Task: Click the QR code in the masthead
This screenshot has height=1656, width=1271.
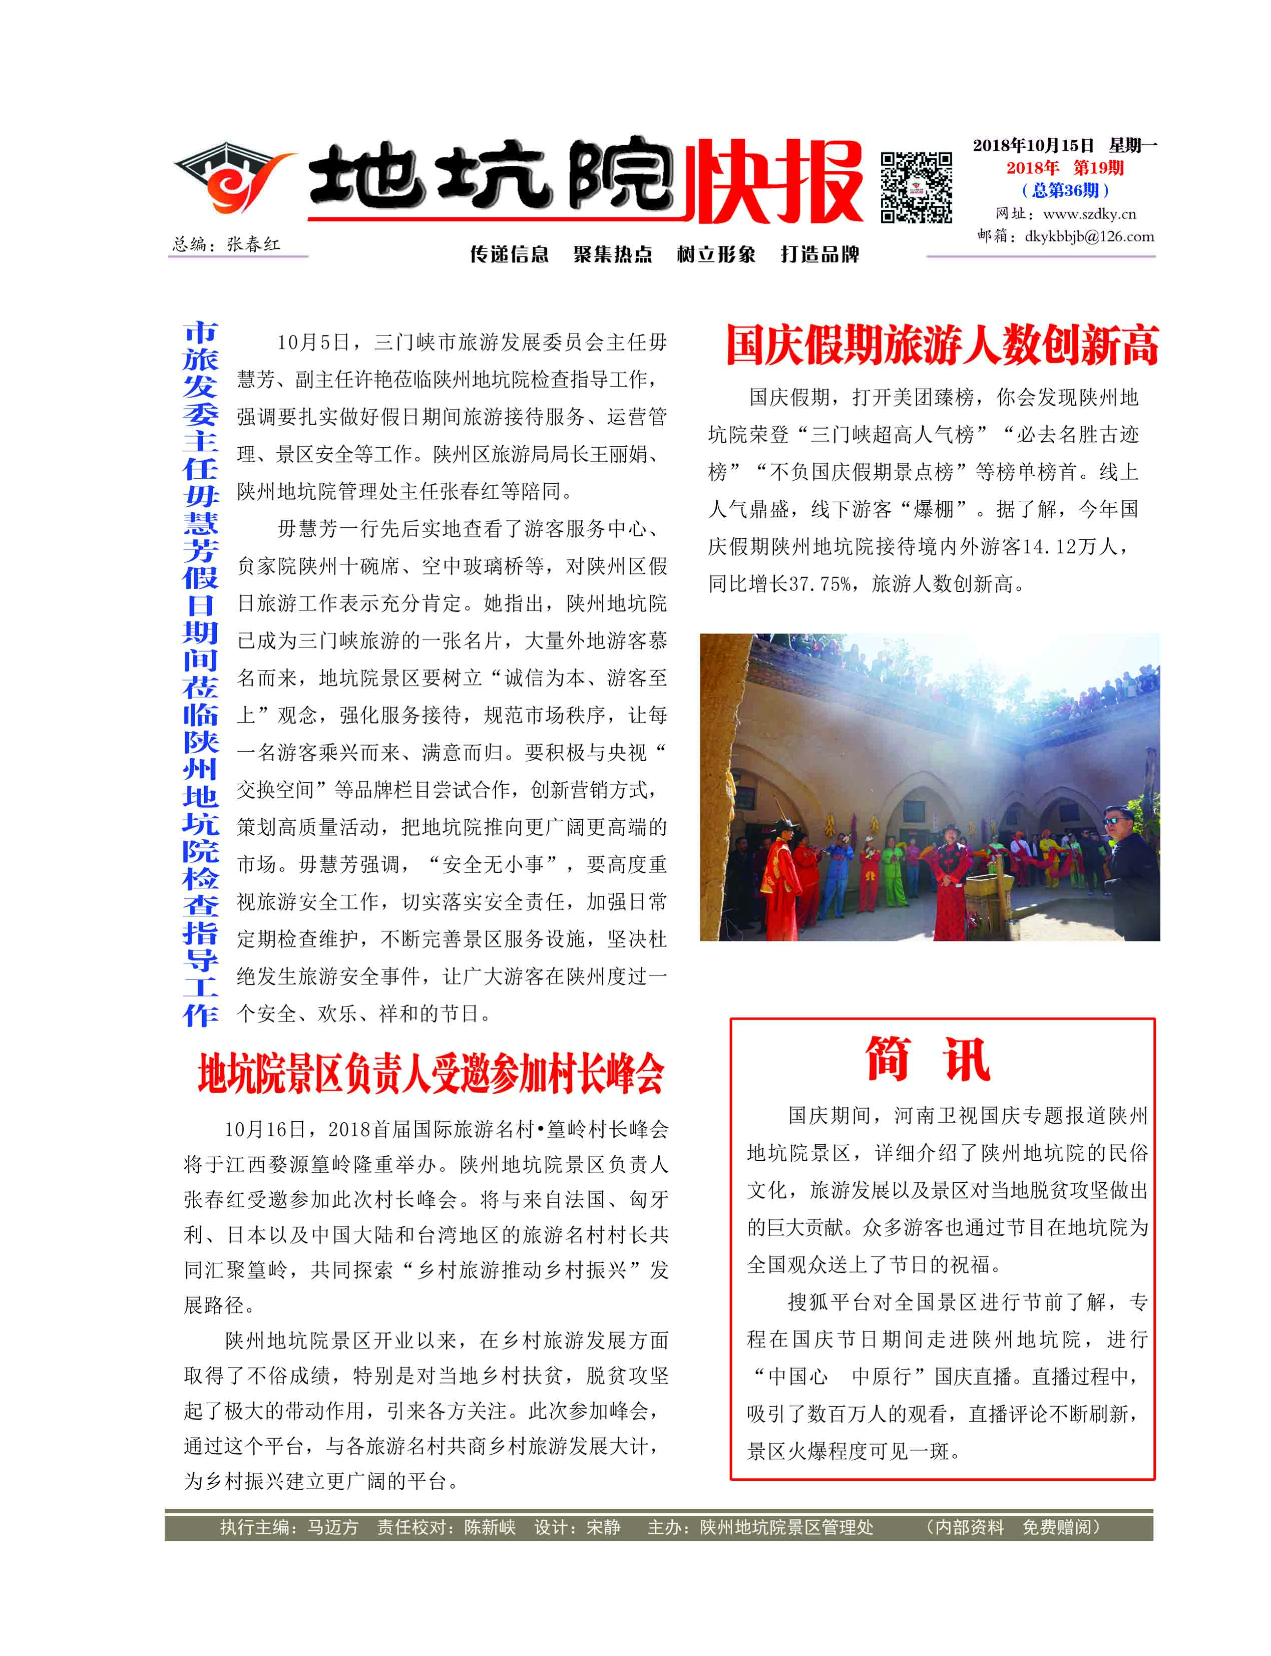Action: coord(916,188)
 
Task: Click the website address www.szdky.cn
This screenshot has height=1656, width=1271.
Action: coord(1089,214)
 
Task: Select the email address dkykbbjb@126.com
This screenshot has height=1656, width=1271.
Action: coord(1089,236)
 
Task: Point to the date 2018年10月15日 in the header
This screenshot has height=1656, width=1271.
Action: coord(1033,145)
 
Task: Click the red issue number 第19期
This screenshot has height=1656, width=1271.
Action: coord(1098,168)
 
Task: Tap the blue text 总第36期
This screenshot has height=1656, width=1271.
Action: coord(1065,190)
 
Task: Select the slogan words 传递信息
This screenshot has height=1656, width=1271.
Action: coord(509,254)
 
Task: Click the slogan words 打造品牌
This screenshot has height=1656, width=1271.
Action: coord(820,254)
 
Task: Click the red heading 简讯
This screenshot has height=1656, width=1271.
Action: coord(928,1060)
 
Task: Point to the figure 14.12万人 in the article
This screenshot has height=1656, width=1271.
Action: coord(1074,546)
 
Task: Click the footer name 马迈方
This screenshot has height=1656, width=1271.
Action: coord(333,1527)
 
